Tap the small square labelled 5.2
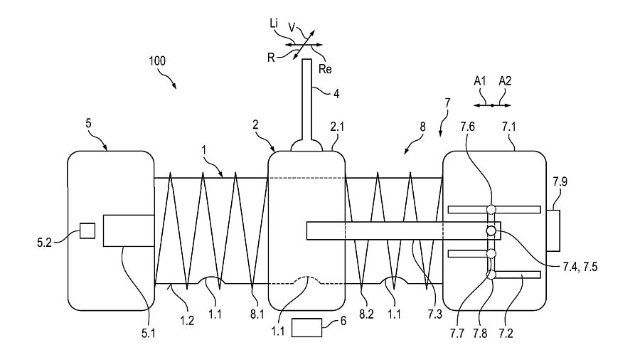coord(87,231)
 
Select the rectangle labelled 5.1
coord(128,231)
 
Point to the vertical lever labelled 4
coord(307,100)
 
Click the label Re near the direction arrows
coord(325,69)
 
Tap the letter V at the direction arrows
coord(292,26)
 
